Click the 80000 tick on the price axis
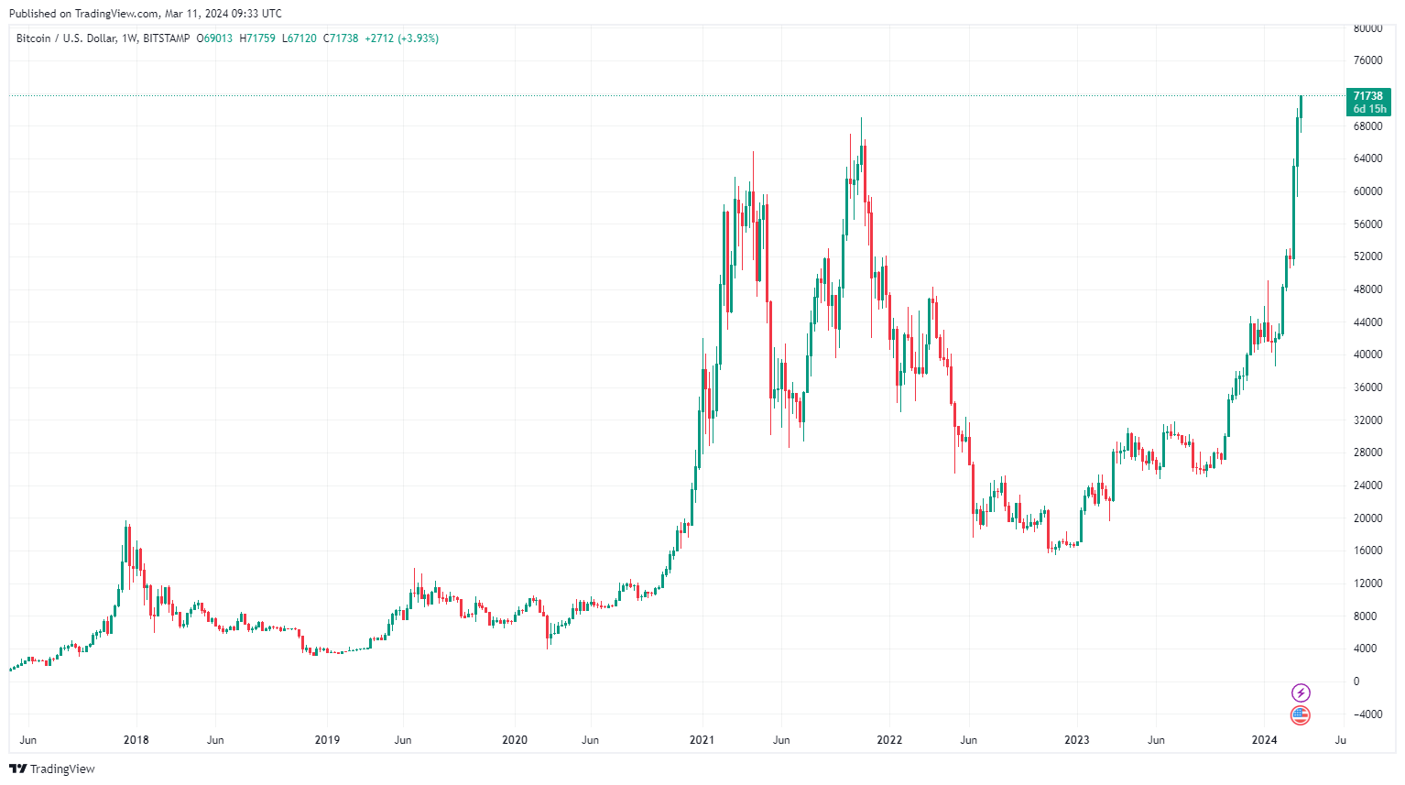coord(1367,28)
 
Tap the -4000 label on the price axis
coord(1367,714)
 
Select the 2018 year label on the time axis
coord(136,740)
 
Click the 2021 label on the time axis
coord(702,740)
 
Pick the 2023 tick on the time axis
coord(1077,740)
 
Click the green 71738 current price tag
coord(1369,102)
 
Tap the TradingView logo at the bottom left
coord(52,769)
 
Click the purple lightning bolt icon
coord(1301,692)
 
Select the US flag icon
coord(1301,715)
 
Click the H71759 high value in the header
coord(257,38)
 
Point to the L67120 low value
coord(300,38)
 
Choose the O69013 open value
coord(215,38)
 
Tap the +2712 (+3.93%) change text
coord(401,38)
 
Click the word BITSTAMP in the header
coord(167,38)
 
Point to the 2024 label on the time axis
coord(1265,740)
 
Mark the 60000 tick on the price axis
coord(1367,191)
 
